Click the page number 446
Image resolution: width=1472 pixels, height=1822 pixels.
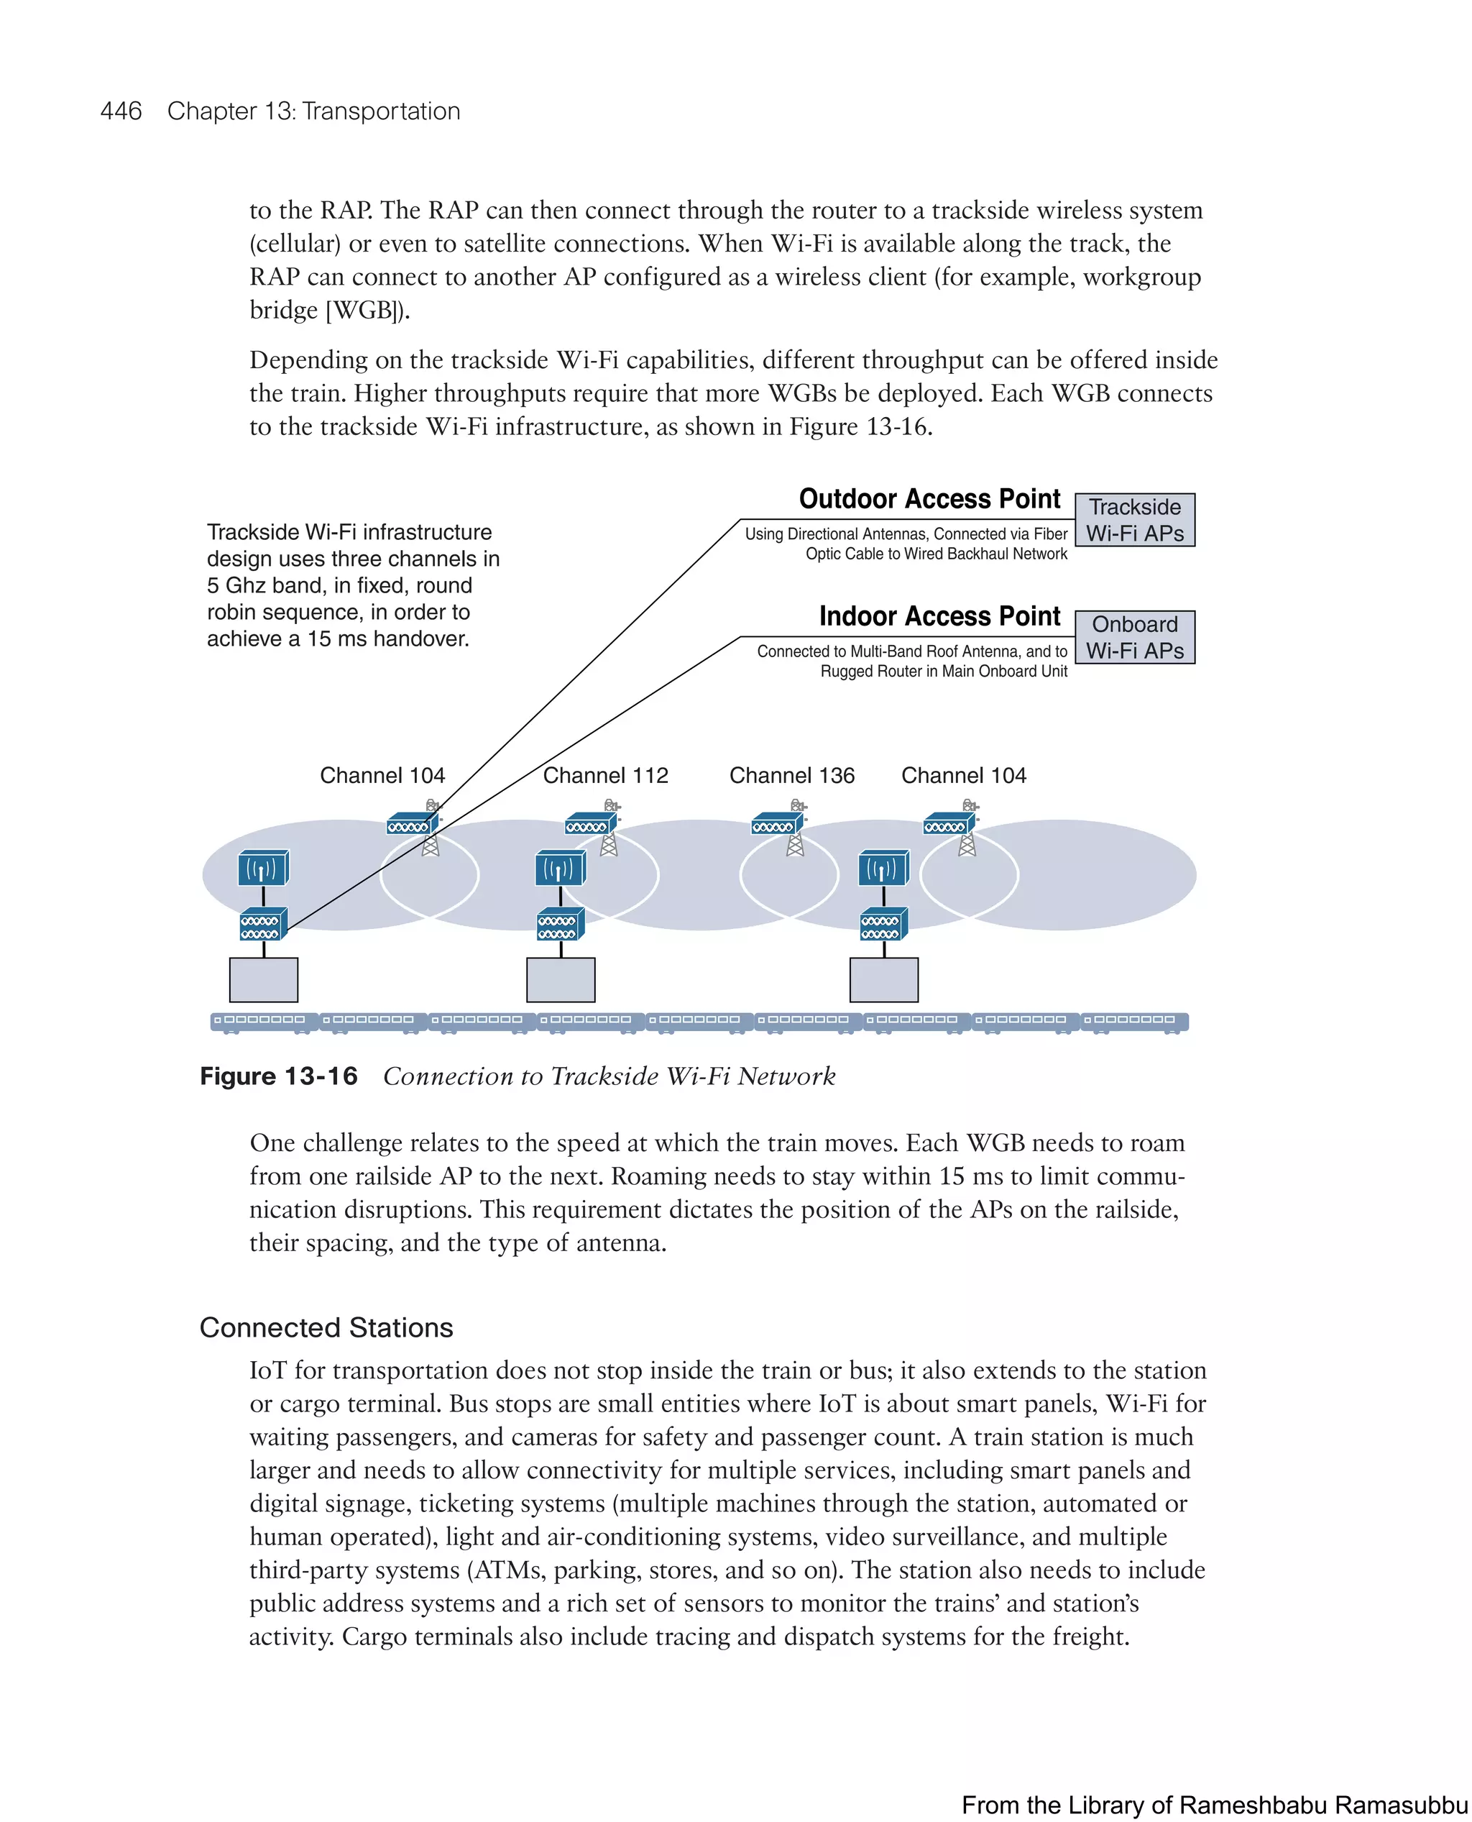click(x=121, y=111)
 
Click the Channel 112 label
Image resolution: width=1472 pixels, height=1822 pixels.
click(x=605, y=775)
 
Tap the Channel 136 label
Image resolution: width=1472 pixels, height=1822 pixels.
click(x=792, y=775)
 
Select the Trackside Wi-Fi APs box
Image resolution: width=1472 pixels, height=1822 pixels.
click(x=1134, y=520)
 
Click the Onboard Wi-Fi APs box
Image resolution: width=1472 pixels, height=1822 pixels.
click(x=1134, y=637)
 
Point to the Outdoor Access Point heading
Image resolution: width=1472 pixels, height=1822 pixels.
click(x=929, y=499)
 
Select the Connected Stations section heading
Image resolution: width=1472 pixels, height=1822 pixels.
click(x=326, y=1327)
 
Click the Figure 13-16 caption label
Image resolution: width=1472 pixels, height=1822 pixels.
click(x=278, y=1076)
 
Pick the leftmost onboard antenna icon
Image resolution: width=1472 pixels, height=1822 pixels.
click(x=263, y=869)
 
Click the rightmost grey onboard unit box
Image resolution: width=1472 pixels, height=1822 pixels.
click(x=883, y=980)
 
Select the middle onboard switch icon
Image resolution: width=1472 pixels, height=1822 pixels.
click(x=560, y=925)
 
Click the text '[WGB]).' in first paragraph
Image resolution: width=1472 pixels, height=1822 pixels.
click(x=367, y=311)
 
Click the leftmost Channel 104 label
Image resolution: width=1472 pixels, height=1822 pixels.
click(x=382, y=775)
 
